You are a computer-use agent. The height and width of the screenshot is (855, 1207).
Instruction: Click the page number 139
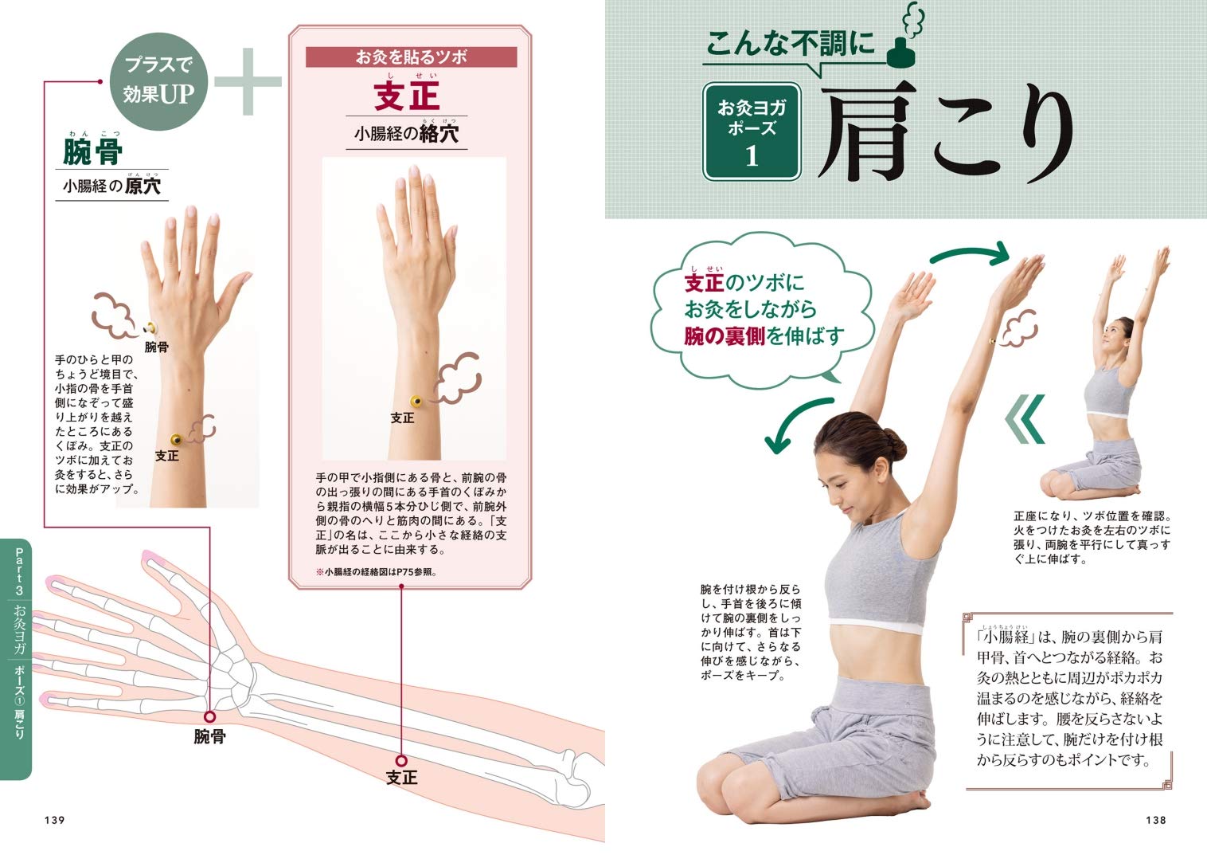click(x=55, y=820)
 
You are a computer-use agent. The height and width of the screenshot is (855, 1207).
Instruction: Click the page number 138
click(x=1156, y=820)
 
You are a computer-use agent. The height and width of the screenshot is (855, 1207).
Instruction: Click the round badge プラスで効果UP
click(x=158, y=80)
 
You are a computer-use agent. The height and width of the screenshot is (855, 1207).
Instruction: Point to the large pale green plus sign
click(x=248, y=81)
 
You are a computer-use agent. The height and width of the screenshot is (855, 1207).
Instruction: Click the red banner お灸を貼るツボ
click(x=411, y=57)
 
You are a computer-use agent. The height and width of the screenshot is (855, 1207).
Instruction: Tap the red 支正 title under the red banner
click(x=407, y=96)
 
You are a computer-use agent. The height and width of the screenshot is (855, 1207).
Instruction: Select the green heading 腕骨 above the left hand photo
click(x=92, y=152)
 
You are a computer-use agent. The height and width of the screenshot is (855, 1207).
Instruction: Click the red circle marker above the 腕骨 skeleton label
click(x=210, y=716)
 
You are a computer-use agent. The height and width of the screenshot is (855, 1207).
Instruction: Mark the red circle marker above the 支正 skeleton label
click(x=401, y=760)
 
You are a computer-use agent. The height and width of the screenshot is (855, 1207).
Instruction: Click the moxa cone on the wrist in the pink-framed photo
click(x=416, y=400)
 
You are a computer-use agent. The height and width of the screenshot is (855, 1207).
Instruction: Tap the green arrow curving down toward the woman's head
click(x=796, y=422)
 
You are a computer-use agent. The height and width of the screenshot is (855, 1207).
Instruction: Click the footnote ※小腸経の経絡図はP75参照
click(x=377, y=571)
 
